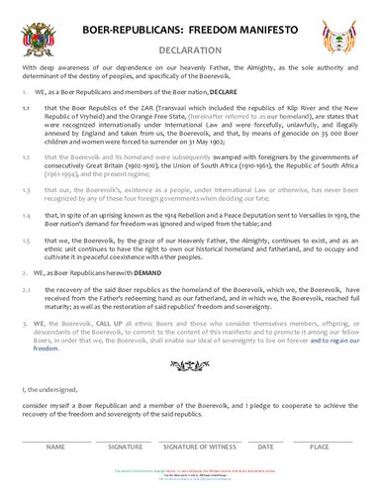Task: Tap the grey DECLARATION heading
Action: coord(190,49)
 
